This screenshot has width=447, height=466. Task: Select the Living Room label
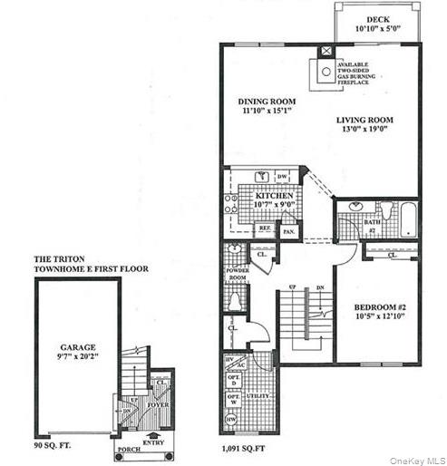click(x=364, y=120)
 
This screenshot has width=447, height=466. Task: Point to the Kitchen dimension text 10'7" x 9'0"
click(x=273, y=205)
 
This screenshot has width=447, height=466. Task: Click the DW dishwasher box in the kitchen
click(x=282, y=177)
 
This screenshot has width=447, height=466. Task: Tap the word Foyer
click(x=159, y=405)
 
